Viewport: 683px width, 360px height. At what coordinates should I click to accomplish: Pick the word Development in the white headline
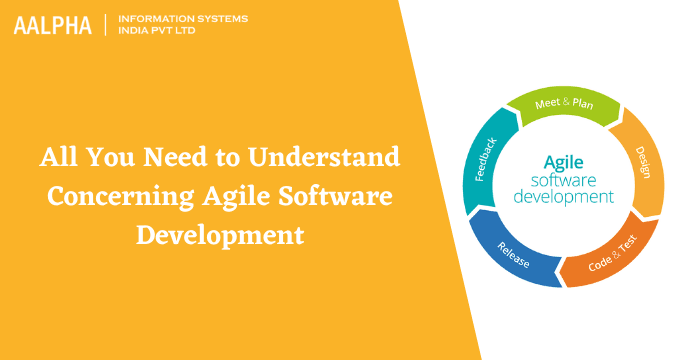(220, 236)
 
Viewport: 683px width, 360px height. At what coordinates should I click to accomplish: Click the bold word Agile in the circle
(563, 161)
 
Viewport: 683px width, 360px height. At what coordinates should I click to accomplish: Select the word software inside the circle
(563, 180)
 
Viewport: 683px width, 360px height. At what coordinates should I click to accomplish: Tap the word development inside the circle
(563, 197)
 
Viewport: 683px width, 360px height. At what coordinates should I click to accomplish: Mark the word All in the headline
(59, 158)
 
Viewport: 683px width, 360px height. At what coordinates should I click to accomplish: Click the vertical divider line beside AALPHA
(104, 25)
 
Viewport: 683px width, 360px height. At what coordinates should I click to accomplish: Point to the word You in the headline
(117, 158)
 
